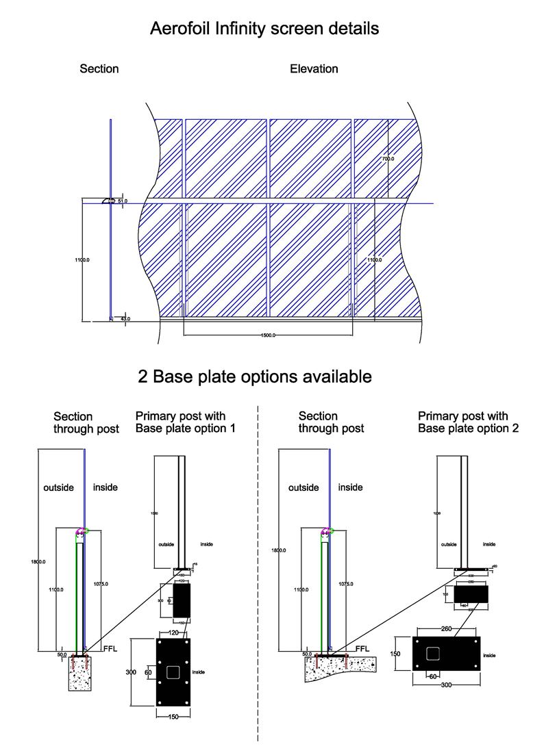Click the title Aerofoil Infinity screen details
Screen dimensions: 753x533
click(264, 29)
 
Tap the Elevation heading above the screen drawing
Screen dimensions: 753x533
click(314, 68)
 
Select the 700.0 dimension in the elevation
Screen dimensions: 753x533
click(388, 159)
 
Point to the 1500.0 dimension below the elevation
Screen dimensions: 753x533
click(268, 335)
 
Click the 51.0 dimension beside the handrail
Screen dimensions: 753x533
click(123, 201)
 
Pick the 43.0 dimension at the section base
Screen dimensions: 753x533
click(125, 318)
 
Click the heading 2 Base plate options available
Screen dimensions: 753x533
click(255, 376)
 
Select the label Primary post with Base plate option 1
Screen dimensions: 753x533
click(180, 422)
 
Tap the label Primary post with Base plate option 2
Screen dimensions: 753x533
click(468, 422)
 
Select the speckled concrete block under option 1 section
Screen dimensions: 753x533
click(79, 676)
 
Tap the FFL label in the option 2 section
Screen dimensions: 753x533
click(362, 649)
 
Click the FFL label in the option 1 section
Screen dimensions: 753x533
click(111, 648)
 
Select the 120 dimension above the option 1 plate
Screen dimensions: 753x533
click(173, 633)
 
